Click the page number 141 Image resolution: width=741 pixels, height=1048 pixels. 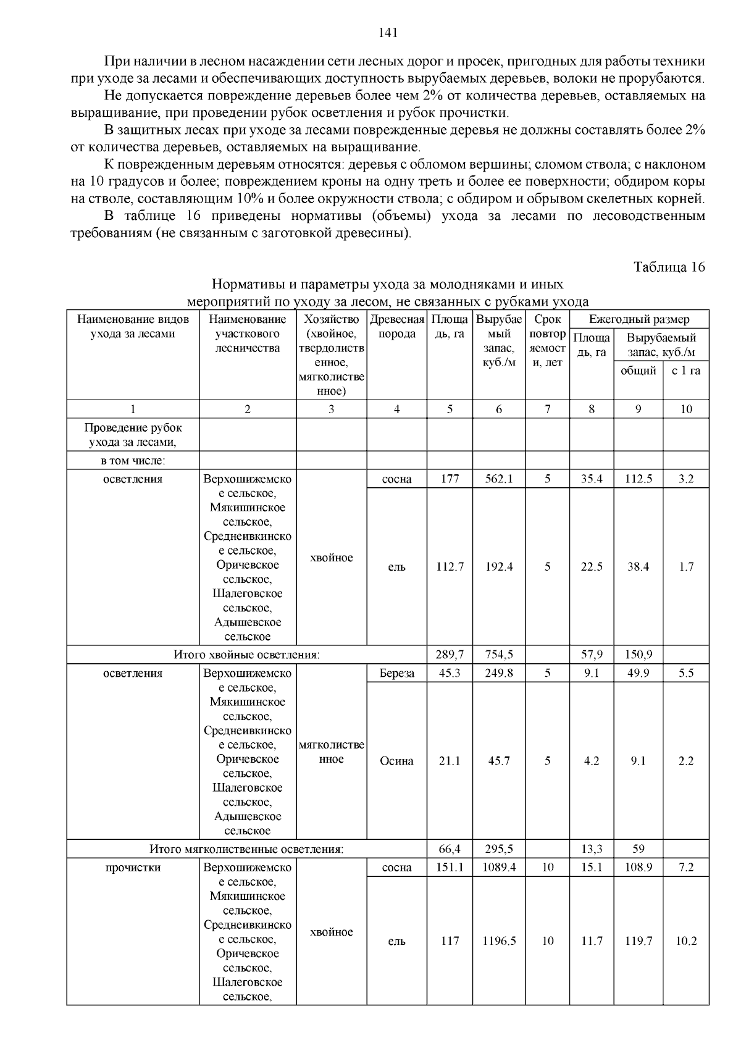pos(387,33)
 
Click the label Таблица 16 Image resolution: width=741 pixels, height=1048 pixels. pos(669,267)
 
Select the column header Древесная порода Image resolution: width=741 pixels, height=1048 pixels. pos(396,327)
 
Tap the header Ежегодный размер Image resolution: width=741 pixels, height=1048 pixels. pos(639,319)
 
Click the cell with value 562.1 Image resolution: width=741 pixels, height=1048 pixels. pos(498,479)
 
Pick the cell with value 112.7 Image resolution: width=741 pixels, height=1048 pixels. pos(450,566)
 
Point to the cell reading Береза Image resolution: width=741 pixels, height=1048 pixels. pos(396,673)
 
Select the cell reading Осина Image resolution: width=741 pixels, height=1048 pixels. pos(396,761)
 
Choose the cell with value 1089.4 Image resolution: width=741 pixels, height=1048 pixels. pos(498,867)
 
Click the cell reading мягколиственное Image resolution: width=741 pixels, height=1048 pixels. pos(332,752)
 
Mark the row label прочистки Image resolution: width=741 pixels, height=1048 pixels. pos(133,867)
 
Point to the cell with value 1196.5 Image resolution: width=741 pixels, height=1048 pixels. pos(498,941)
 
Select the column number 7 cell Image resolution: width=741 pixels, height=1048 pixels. pos(547,409)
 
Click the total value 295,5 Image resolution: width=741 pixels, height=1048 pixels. pos(498,849)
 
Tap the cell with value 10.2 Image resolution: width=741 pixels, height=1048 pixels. pos(685,941)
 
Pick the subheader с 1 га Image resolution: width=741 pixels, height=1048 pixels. pos(685,371)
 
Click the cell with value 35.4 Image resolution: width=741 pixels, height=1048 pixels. pos(591,479)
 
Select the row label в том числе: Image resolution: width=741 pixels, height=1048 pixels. pos(133,461)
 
